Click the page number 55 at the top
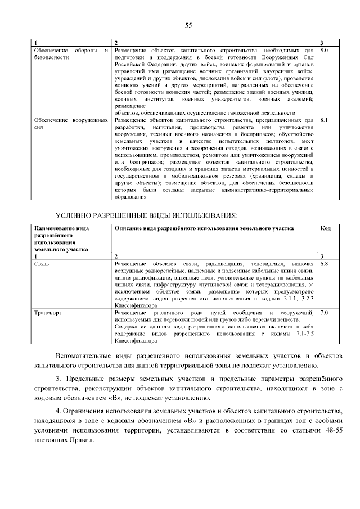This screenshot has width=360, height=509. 188,25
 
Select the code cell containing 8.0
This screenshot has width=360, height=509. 323,51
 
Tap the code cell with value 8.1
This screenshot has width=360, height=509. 323,120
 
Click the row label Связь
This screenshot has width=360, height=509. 42,263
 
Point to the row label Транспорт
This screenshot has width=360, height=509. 48,312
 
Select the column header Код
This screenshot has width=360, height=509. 325,228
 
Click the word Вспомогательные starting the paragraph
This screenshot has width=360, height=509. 83,356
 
